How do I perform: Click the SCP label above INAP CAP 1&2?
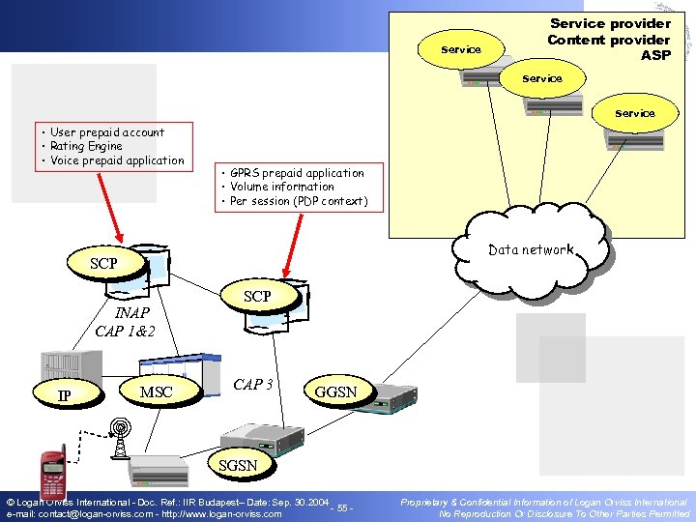tap(102, 263)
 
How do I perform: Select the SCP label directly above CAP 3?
tap(256, 296)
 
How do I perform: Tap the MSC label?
tap(156, 391)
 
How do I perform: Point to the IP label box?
tap(64, 395)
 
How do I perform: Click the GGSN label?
tap(335, 391)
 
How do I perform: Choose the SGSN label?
tap(238, 465)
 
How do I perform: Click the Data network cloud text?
tap(531, 249)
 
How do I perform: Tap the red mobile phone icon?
tap(52, 474)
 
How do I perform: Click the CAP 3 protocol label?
tap(252, 384)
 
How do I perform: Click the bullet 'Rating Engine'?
tap(86, 147)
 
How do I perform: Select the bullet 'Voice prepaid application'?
tap(116, 160)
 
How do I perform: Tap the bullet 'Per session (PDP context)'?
tap(298, 201)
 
